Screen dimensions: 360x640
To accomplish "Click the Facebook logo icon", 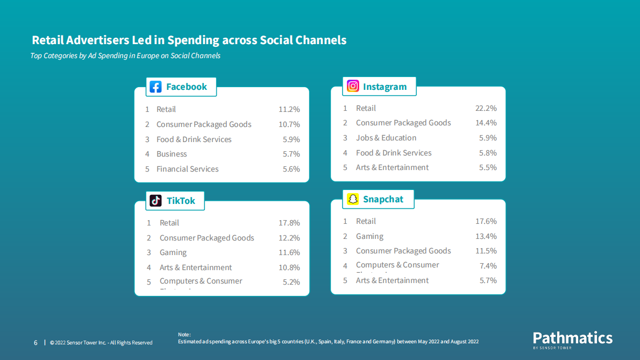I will point(155,87).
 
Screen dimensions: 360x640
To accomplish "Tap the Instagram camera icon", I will point(353,86).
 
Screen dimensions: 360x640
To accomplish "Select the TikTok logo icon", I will point(155,201).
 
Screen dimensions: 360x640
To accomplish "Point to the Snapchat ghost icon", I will point(353,199).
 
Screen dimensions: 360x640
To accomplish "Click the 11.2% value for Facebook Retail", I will point(289,109).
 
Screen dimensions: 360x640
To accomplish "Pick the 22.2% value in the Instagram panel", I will point(486,108).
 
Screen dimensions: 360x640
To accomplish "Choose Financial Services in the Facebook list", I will point(187,169).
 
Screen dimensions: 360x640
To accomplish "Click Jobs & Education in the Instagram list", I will point(386,138).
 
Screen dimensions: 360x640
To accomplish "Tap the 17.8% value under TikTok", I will point(289,223).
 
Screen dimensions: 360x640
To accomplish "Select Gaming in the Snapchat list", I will point(369,236).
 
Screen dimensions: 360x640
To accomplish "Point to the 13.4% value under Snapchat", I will point(486,236).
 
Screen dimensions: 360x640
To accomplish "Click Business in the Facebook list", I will point(172,154).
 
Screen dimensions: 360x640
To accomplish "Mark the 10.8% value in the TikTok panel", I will point(289,267).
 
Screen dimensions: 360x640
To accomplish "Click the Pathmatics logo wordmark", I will point(573,338).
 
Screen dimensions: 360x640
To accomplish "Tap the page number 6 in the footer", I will point(35,343).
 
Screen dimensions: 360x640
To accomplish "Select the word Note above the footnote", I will point(183,335).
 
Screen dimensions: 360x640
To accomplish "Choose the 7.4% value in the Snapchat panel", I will point(488,266).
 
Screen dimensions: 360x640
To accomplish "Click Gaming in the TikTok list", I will point(173,252).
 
